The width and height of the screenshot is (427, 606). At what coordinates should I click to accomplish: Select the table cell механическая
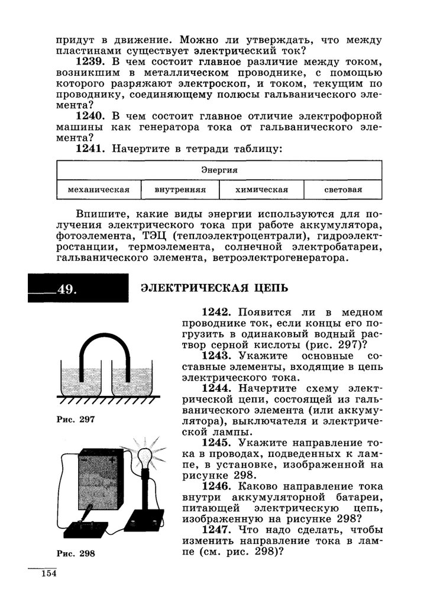point(99,190)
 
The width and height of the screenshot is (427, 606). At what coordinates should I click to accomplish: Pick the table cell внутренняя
point(180,190)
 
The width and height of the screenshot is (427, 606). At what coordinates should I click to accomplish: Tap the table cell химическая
point(261,190)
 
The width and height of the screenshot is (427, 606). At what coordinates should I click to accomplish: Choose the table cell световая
point(343,190)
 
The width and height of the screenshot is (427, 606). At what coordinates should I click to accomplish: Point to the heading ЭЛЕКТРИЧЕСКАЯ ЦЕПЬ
point(214,288)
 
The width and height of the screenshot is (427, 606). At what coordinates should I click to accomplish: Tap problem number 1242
point(219,312)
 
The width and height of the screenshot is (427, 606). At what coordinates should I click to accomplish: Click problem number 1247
point(219,529)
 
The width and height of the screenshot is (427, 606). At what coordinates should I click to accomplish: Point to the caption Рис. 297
point(76,419)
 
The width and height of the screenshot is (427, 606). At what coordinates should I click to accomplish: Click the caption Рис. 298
point(76,554)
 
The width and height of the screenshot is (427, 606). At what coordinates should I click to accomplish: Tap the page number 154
point(47,574)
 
